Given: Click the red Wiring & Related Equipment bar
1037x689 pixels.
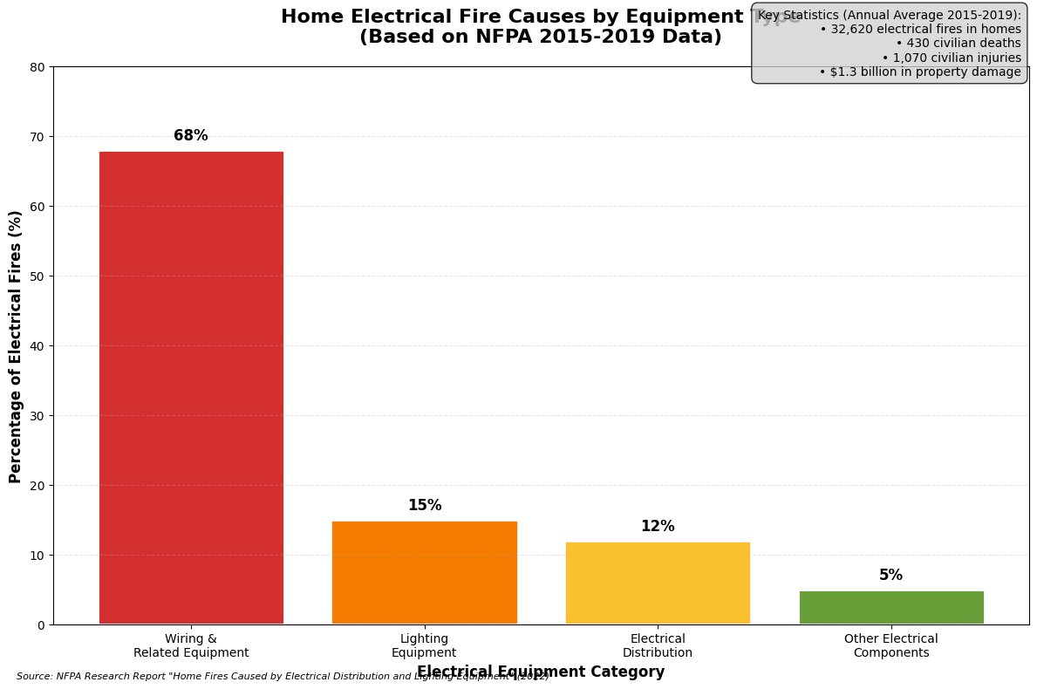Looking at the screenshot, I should click(191, 387).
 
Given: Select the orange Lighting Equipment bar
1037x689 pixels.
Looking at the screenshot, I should click(424, 572).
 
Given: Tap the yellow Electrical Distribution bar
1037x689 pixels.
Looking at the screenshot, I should click(658, 583).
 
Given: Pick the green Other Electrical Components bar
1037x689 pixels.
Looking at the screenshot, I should click(891, 607).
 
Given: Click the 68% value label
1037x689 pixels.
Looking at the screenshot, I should click(191, 136).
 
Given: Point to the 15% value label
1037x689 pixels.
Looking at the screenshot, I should click(424, 506).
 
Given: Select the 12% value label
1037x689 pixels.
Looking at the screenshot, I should click(658, 527).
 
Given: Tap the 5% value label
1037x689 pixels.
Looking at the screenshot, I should click(890, 576).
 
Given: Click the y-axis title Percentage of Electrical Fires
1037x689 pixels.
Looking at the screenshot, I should click(17, 346).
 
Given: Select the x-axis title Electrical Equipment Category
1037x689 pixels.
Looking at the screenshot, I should click(541, 672).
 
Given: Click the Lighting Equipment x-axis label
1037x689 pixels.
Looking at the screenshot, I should click(424, 646).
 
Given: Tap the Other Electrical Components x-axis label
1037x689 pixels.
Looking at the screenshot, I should click(891, 646).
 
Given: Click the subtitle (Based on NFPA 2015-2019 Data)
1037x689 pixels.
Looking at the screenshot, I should click(541, 38).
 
